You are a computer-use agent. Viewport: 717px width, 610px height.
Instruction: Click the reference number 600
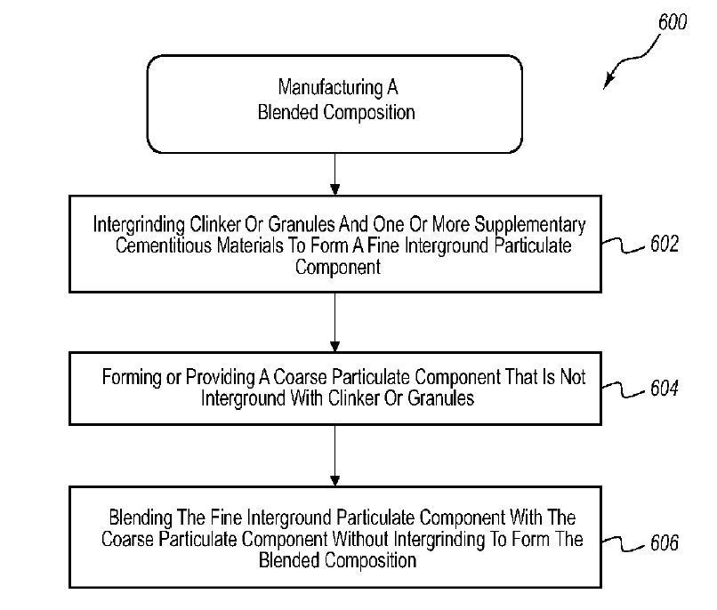point(672,21)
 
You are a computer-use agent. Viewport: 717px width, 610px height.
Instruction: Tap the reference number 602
point(662,244)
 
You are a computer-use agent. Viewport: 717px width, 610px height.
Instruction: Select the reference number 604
point(662,388)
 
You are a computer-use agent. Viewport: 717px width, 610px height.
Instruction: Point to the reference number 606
point(662,542)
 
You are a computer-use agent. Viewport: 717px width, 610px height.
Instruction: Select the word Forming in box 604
point(132,377)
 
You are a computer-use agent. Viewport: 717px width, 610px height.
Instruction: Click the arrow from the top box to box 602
point(334,174)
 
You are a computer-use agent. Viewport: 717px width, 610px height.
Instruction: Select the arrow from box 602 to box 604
point(334,322)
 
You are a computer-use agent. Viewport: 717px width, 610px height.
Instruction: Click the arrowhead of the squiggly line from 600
point(609,84)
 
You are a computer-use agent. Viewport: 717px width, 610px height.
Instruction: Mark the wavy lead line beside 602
point(624,246)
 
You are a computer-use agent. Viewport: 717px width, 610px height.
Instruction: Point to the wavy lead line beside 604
point(624,389)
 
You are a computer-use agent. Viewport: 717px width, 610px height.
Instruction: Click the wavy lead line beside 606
point(624,541)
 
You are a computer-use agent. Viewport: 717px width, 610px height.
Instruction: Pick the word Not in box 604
point(575,377)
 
